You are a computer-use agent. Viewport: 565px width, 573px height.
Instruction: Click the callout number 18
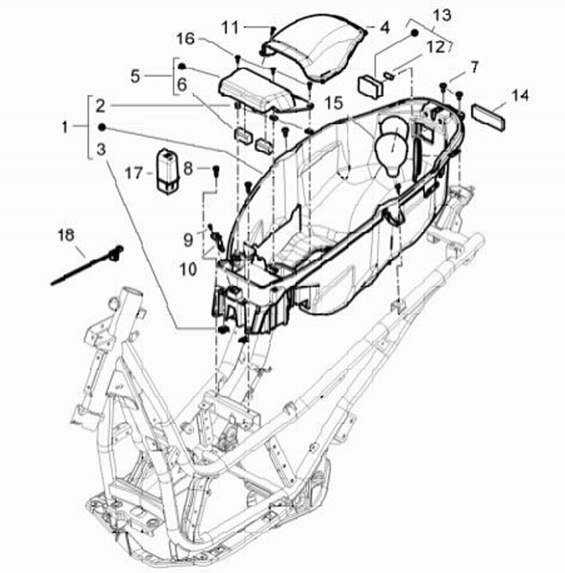66,235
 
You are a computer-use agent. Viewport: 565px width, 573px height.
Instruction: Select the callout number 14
519,96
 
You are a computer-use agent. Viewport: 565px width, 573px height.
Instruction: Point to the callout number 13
442,15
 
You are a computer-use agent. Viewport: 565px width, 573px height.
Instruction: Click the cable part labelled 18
86,265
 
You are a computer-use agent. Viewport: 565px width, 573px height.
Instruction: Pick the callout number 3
100,149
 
